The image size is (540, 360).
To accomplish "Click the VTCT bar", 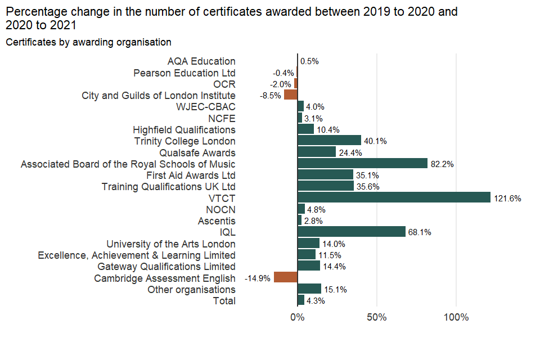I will (x=394, y=197).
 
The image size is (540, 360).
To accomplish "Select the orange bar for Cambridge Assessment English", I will (x=285, y=277).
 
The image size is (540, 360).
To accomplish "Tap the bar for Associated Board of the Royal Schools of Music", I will (x=362, y=163).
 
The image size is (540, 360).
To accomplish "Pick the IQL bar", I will (x=351, y=232).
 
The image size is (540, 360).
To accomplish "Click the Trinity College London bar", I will (x=329, y=141).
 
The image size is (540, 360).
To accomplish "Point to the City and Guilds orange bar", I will (x=290, y=95).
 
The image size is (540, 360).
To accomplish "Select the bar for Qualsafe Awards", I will (x=316, y=152).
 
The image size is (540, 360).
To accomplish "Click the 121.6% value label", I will (x=507, y=198).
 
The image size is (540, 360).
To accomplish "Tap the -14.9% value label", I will (x=258, y=278).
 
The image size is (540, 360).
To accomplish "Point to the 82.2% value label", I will (x=442, y=164).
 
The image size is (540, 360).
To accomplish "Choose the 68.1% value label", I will (x=420, y=232).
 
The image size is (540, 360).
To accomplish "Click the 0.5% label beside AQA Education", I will (x=309, y=61).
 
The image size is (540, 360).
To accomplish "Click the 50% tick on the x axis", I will (x=376, y=317).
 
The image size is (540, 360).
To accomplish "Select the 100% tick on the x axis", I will (x=456, y=317).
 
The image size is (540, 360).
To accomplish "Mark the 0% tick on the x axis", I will (x=297, y=317).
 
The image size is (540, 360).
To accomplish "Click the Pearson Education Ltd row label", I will (x=184, y=73).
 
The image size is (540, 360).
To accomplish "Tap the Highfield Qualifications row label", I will (x=184, y=129).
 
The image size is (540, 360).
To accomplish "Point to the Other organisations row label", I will (x=191, y=289).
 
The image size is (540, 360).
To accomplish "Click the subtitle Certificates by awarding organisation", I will (x=88, y=42).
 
